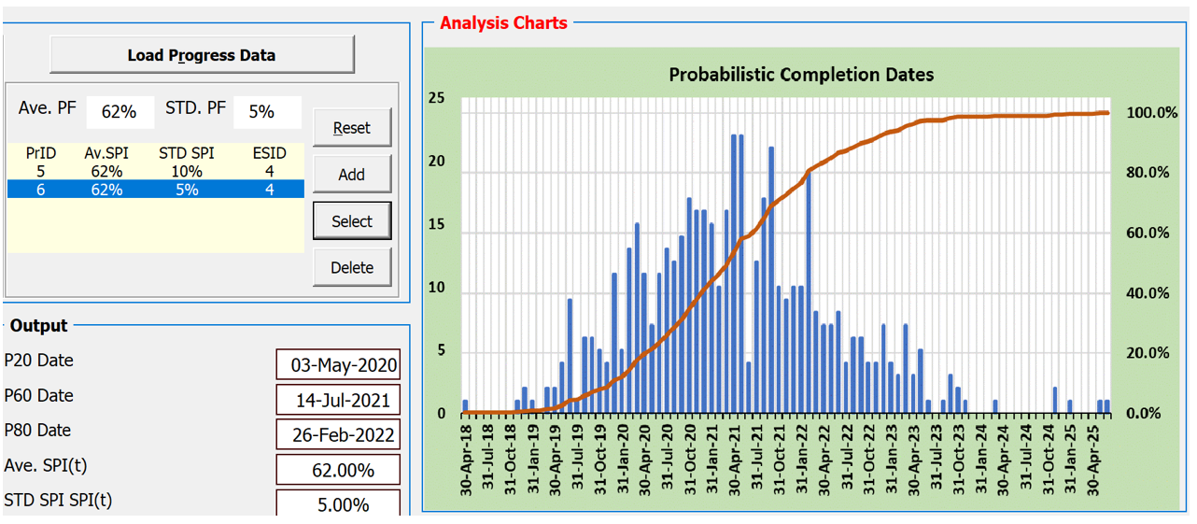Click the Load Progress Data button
click(202, 55)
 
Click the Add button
click(351, 175)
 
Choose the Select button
click(351, 221)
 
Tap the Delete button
click(351, 268)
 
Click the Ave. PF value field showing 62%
click(120, 112)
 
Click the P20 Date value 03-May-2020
click(338, 365)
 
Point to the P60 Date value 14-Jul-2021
click(338, 401)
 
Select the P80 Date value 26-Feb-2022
click(338, 435)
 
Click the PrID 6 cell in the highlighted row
click(40, 190)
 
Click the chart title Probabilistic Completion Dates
click(801, 75)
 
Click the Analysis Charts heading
click(503, 23)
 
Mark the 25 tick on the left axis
click(436, 100)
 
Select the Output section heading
click(38, 326)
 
